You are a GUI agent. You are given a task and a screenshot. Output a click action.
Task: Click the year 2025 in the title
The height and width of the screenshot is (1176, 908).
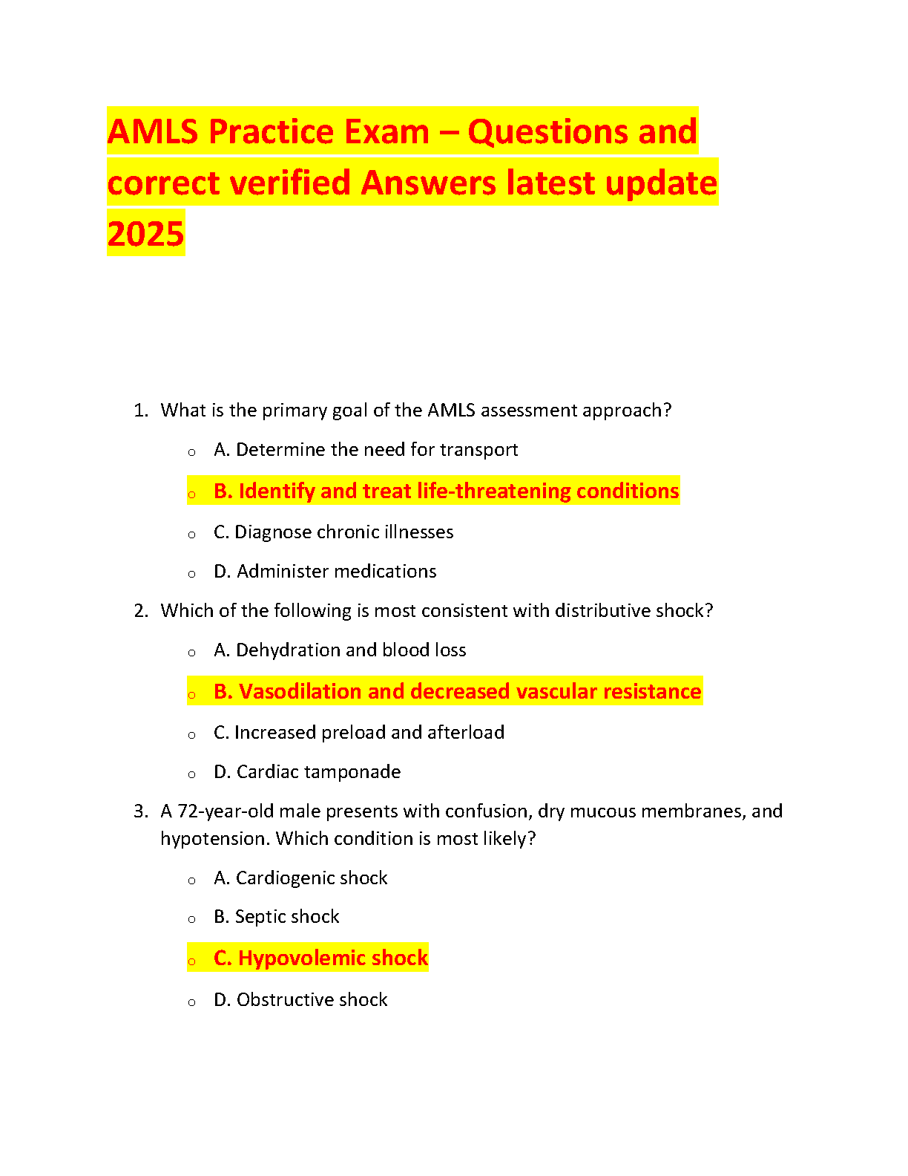(x=145, y=234)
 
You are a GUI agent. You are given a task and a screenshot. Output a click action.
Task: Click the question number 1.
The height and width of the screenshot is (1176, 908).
(x=140, y=411)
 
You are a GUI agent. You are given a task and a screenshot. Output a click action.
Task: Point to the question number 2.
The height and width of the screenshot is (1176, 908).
(x=140, y=611)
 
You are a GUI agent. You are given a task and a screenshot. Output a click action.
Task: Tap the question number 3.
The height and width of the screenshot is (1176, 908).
(x=140, y=811)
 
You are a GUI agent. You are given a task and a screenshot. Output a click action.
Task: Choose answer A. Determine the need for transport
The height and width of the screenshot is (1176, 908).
(x=366, y=450)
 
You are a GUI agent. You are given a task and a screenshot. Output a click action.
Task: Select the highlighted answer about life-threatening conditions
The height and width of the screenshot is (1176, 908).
(x=446, y=491)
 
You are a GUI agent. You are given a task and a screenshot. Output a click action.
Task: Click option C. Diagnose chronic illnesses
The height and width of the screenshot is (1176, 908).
(x=333, y=532)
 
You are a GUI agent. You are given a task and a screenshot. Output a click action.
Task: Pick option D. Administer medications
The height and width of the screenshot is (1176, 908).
(x=325, y=572)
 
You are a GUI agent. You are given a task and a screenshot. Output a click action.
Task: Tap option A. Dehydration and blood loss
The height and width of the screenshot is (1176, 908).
(x=340, y=650)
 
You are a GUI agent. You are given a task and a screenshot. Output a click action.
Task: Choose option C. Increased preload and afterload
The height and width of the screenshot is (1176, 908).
(x=359, y=733)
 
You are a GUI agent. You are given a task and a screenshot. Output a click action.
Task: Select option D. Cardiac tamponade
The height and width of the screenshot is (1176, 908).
(x=307, y=772)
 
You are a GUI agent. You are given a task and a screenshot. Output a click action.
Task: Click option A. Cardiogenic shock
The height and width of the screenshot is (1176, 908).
(x=300, y=878)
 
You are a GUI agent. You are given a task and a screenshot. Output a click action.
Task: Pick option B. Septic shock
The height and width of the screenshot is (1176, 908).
(x=276, y=917)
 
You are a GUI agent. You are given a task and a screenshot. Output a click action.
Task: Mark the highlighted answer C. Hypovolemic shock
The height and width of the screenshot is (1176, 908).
(x=320, y=958)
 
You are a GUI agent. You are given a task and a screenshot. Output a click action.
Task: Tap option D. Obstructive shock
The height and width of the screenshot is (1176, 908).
(x=300, y=1000)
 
